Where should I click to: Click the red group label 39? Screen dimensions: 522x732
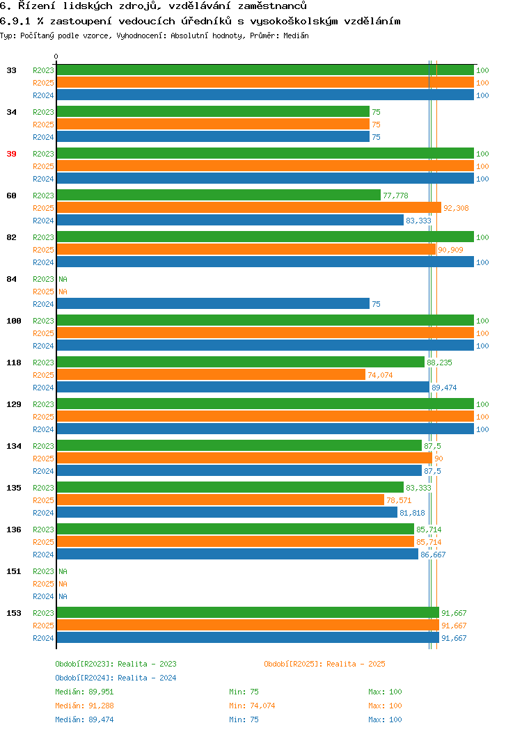(11, 154)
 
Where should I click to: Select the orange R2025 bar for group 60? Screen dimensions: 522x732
(249, 208)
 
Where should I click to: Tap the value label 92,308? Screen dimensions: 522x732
(456, 208)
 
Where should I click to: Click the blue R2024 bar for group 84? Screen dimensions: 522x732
(213, 304)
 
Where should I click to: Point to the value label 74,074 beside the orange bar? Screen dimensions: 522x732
(380, 375)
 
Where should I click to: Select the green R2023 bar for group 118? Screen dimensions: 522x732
(240, 363)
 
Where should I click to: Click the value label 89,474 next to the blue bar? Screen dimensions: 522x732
(444, 388)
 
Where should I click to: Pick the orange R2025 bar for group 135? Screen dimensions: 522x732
(221, 500)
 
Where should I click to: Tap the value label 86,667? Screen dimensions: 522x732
(433, 555)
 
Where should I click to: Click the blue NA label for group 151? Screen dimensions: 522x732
(63, 596)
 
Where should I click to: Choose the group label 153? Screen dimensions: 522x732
(13, 614)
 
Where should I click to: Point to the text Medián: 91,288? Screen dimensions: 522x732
(84, 706)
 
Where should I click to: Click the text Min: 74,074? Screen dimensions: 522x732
(252, 706)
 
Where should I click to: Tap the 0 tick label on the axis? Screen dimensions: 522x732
(56, 57)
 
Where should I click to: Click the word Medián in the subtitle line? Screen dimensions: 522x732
(296, 36)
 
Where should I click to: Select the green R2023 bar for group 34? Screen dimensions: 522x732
(213, 111)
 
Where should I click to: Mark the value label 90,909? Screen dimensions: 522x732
(450, 250)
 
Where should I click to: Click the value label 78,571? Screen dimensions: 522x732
(399, 500)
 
